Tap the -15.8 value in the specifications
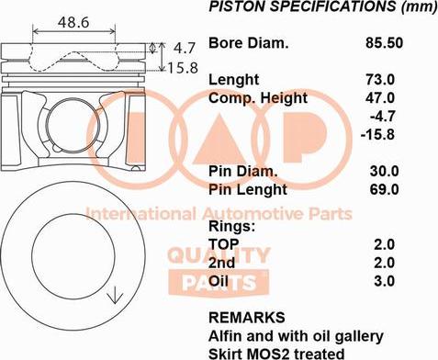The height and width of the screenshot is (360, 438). point(379,135)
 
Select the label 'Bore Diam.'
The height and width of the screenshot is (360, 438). point(248,42)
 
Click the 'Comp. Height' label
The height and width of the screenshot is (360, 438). point(261,98)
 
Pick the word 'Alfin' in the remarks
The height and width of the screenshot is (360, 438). point(228,336)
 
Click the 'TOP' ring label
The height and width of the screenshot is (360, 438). point(226,244)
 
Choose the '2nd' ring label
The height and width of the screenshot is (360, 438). point(222,263)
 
